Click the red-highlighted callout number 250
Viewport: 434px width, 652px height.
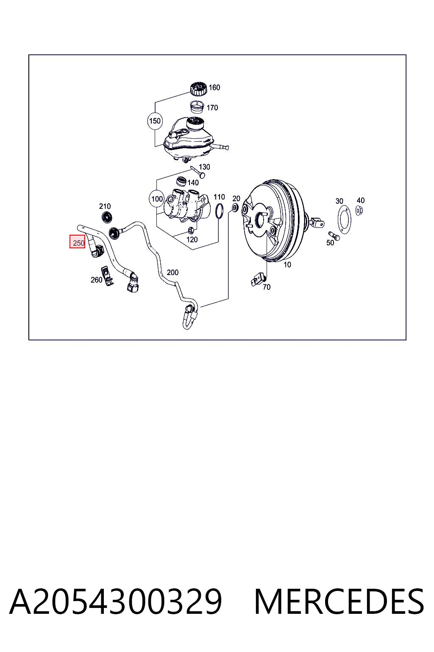[77, 242]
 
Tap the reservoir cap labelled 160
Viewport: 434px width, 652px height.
[198, 88]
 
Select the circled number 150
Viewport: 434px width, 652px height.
[155, 121]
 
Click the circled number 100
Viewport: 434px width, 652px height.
[157, 199]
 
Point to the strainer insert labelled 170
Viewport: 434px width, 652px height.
[197, 107]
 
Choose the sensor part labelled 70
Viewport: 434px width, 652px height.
[259, 279]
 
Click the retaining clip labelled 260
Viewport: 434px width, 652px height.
[107, 276]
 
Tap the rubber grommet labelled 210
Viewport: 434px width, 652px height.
[107, 217]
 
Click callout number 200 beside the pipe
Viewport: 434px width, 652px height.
[172, 273]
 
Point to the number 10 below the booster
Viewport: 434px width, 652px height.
[287, 264]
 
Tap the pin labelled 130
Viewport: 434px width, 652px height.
[198, 172]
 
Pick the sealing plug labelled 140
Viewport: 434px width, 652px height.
[182, 181]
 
